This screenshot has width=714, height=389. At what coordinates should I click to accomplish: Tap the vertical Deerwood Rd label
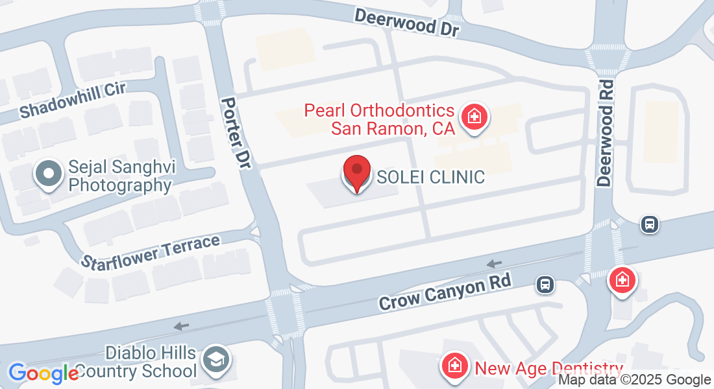pyautogui.click(x=606, y=134)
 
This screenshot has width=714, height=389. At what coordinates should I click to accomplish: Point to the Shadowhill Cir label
pyautogui.click(x=72, y=100)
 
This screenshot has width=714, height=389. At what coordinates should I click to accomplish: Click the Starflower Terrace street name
pyautogui.click(x=151, y=252)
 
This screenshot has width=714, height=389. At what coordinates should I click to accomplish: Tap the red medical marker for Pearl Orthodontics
pyautogui.click(x=474, y=117)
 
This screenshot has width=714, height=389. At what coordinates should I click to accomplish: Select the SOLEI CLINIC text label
pyautogui.click(x=431, y=177)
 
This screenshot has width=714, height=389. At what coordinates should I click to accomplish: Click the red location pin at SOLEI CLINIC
pyautogui.click(x=356, y=172)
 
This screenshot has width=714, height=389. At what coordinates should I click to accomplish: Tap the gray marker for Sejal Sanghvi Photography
pyautogui.click(x=48, y=175)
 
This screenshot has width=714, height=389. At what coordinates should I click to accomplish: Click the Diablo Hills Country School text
pyautogui.click(x=151, y=362)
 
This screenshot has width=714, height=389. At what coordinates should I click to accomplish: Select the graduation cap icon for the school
pyautogui.click(x=213, y=358)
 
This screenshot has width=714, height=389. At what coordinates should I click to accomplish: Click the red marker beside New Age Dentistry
pyautogui.click(x=456, y=366)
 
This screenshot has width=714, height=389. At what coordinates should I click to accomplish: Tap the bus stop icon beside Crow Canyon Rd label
pyautogui.click(x=545, y=283)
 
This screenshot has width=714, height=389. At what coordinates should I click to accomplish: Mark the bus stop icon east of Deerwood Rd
pyautogui.click(x=649, y=224)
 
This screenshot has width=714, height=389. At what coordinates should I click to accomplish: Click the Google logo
pyautogui.click(x=43, y=373)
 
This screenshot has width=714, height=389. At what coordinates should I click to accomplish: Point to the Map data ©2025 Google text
pyautogui.click(x=635, y=380)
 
